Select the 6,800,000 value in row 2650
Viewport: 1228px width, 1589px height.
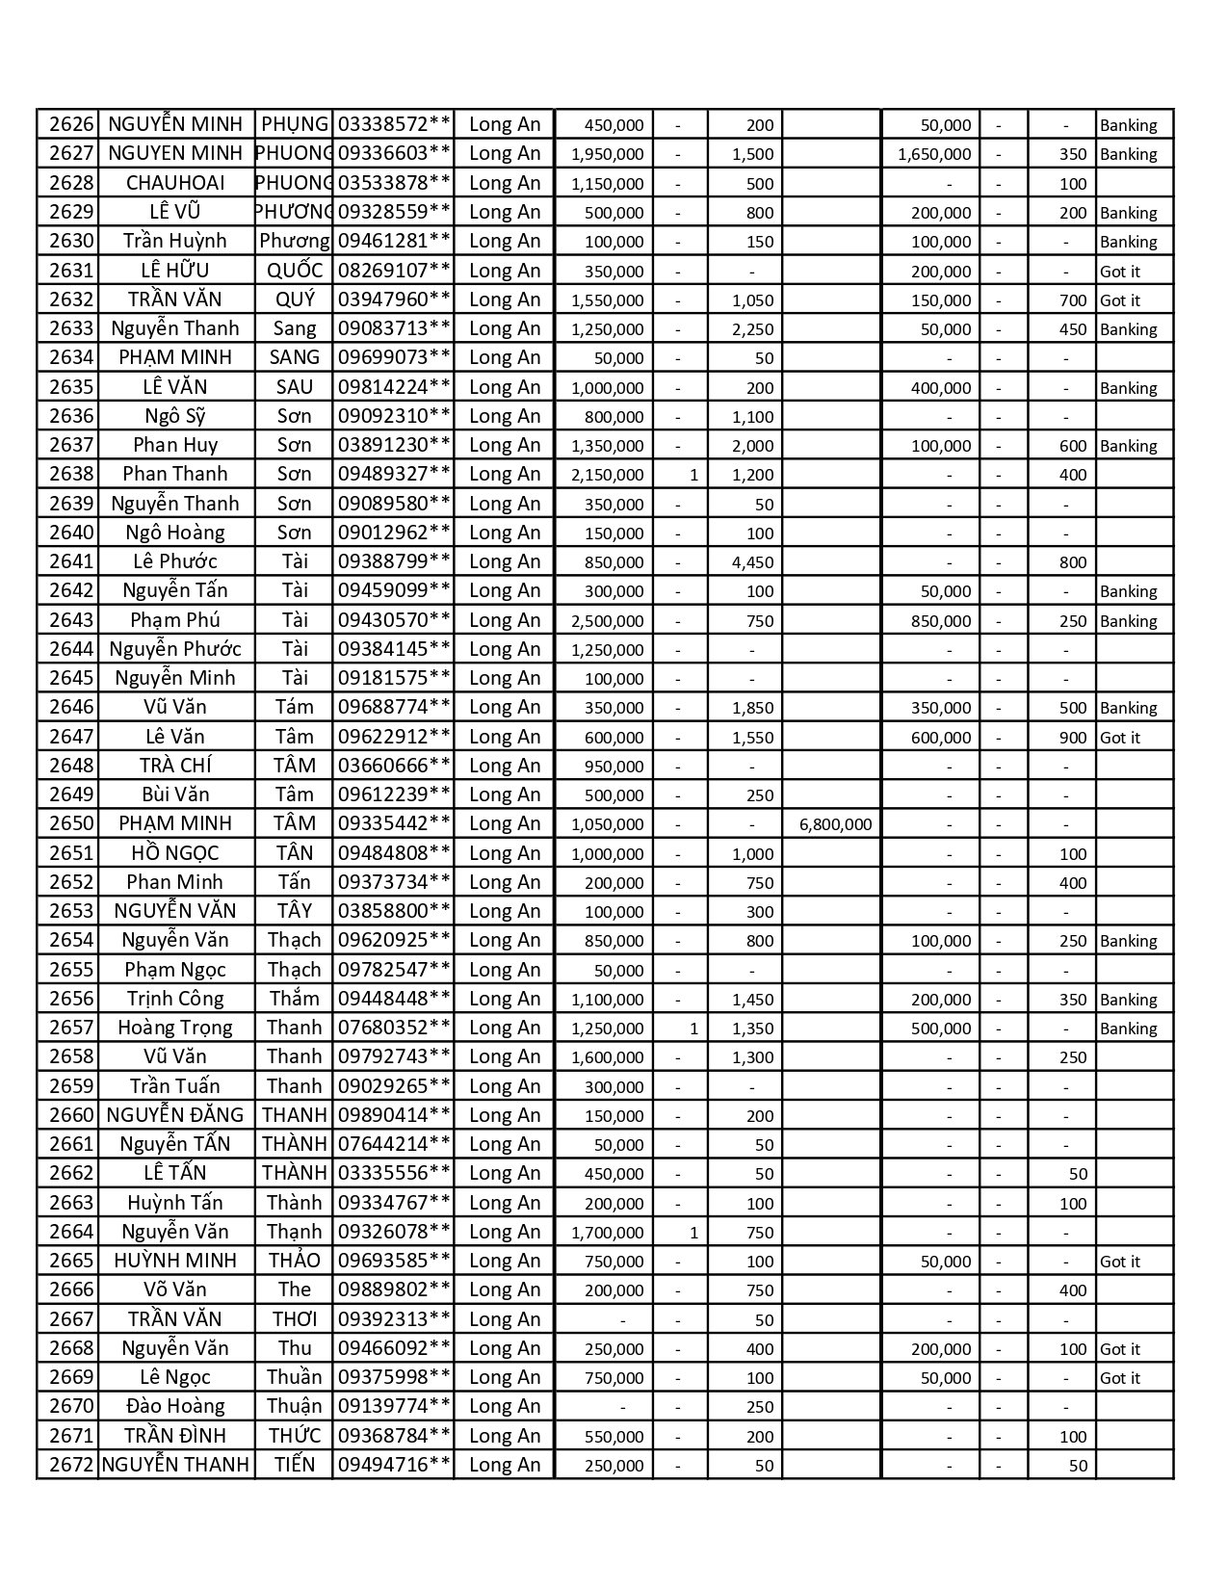point(835,824)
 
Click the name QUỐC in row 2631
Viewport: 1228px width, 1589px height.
point(294,271)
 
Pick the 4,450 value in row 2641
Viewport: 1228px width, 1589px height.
point(752,562)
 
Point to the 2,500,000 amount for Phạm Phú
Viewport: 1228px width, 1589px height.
point(607,620)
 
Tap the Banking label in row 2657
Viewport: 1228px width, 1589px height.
point(1128,1029)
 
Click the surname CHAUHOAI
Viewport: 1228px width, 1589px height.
point(175,183)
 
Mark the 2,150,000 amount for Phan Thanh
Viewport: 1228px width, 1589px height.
point(607,475)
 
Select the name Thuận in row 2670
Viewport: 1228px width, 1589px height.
point(294,1406)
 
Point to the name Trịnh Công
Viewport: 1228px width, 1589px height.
point(175,999)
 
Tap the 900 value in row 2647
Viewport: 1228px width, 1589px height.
point(1072,738)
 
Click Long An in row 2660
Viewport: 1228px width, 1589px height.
point(504,1115)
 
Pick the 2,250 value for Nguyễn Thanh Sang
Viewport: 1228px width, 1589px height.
point(752,329)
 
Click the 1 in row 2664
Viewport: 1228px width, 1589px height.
point(693,1233)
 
